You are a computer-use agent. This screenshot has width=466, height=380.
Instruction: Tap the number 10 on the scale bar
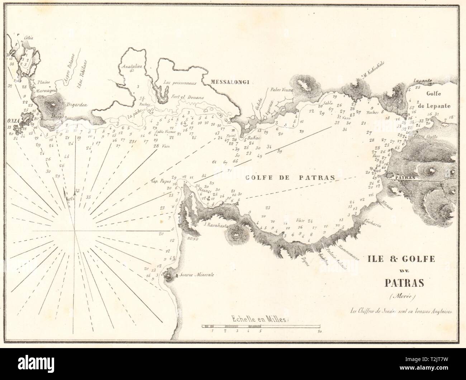319,332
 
